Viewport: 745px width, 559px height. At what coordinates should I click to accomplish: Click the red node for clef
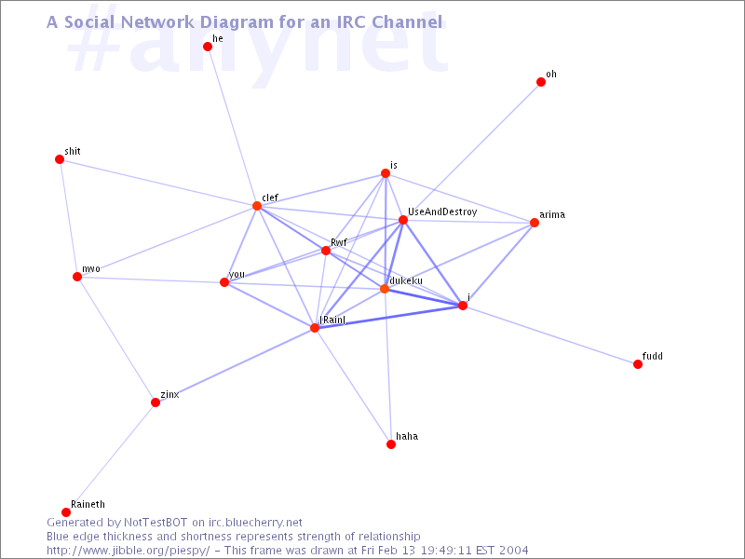coord(257,206)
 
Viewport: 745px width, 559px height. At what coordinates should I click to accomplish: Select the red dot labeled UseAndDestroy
coord(403,220)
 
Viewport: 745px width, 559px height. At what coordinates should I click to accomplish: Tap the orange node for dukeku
coord(385,289)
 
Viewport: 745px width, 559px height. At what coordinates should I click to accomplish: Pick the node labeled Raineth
coord(66,512)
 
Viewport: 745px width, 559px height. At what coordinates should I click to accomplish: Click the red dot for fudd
coord(638,364)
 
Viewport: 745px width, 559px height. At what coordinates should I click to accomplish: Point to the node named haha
coord(391,444)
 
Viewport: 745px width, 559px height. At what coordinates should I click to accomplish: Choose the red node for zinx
coord(156,402)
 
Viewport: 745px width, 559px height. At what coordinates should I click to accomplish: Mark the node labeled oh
coord(541,82)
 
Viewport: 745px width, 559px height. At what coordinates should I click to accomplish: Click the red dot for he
coord(208,47)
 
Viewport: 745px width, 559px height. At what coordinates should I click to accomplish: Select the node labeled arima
coord(535,223)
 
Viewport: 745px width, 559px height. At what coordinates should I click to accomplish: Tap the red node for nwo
coord(77,277)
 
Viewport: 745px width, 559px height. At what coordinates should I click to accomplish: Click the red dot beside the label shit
coord(60,159)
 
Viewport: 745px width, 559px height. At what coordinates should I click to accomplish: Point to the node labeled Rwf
coord(326,251)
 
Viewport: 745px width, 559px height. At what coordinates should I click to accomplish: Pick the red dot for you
coord(224,282)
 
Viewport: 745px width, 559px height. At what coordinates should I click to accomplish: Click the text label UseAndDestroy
coord(442,212)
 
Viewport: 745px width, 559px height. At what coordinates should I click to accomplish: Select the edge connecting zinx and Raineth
coord(111,457)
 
